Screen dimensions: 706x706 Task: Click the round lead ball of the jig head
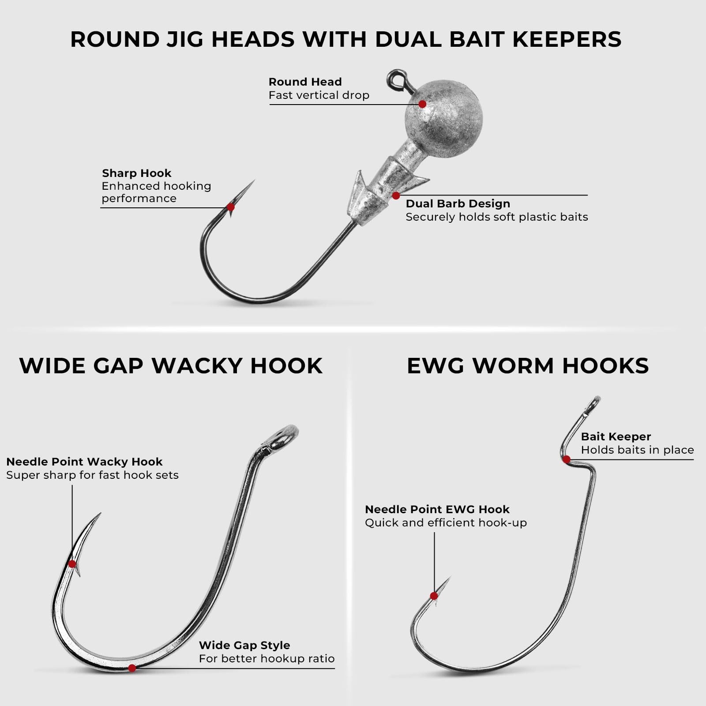pos(444,119)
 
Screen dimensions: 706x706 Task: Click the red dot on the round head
pos(422,104)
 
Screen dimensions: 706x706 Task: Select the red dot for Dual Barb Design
pos(396,195)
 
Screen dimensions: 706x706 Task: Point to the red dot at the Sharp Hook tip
pos(230,207)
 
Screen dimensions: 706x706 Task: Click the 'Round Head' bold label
pos(305,82)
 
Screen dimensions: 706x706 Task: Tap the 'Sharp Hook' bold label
pos(136,173)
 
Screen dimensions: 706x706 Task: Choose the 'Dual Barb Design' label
pos(458,203)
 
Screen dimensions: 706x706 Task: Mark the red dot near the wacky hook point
pos(72,564)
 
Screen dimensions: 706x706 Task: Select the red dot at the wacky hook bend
pos(132,668)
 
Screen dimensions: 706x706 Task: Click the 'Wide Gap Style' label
pos(244,645)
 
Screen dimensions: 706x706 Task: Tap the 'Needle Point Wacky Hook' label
pos(84,462)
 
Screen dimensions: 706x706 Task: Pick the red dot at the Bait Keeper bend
pos(567,459)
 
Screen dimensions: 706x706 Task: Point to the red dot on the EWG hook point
pos(434,596)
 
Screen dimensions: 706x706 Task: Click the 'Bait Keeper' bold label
pos(616,436)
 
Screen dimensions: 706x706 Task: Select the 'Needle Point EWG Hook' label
pos(437,509)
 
